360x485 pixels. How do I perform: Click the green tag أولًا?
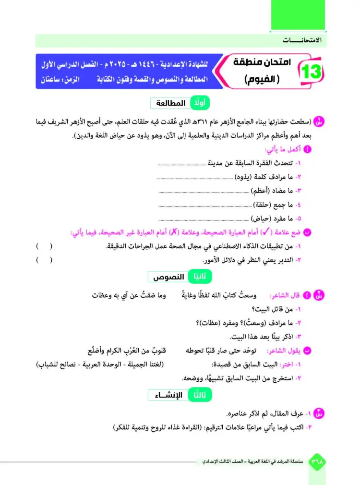coord(200,104)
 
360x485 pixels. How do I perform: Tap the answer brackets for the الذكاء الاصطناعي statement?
coord(45,247)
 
